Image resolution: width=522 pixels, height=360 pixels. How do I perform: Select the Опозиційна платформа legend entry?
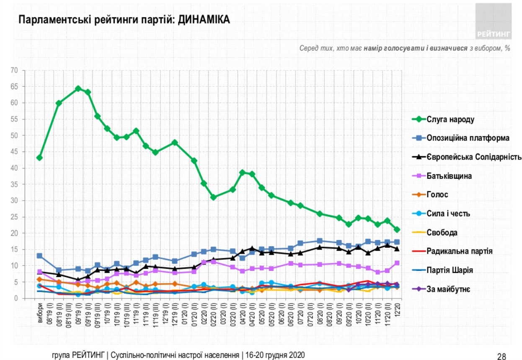coord(468,138)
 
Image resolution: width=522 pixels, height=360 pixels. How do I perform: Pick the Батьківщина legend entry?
coord(450,176)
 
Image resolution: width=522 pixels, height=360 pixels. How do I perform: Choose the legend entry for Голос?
coord(437,195)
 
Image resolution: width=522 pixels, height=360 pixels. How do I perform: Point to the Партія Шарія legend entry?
coord(450,270)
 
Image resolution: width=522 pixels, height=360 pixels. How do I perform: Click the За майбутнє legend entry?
coord(448,289)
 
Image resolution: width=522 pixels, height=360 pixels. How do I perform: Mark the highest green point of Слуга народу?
coord(78,88)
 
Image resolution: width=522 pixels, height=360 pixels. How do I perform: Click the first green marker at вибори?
coord(39,158)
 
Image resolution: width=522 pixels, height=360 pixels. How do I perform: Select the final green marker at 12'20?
coord(397,230)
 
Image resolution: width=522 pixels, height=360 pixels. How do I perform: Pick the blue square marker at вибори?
coord(39,256)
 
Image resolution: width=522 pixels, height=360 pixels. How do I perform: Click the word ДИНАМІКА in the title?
coord(204,20)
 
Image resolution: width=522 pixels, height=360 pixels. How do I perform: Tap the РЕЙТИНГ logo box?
coord(493,21)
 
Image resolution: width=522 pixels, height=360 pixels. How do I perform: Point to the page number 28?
coord(501,356)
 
